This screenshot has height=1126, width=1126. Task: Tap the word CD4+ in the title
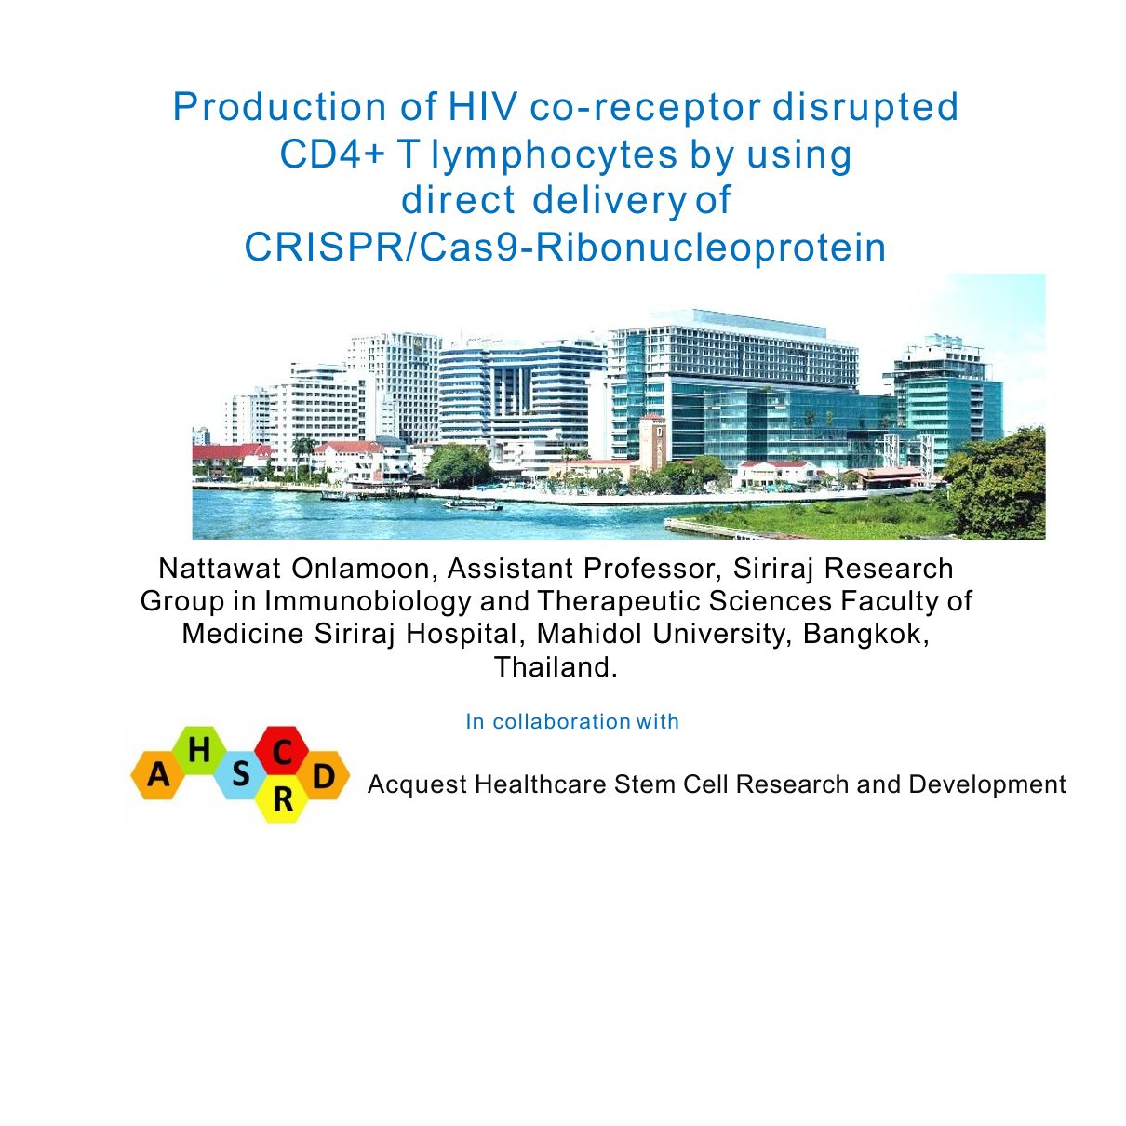[331, 154]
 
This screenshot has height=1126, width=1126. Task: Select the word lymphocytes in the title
[554, 156]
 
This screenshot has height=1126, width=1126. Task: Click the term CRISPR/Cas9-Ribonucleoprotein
[565, 247]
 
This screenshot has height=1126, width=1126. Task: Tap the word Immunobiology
[367, 601]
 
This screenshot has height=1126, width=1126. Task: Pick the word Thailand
[556, 666]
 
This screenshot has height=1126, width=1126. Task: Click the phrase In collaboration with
[572, 721]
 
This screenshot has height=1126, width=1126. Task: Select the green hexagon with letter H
[199, 750]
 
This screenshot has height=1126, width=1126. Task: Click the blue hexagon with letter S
[241, 775]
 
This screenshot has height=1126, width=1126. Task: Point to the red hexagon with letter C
[282, 751]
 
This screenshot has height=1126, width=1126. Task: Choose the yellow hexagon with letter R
[282, 799]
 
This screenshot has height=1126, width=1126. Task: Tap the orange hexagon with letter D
[324, 775]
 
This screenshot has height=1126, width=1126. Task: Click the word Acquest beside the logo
[417, 784]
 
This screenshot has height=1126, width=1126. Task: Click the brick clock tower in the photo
[652, 442]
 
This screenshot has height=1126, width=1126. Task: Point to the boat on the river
[473, 504]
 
